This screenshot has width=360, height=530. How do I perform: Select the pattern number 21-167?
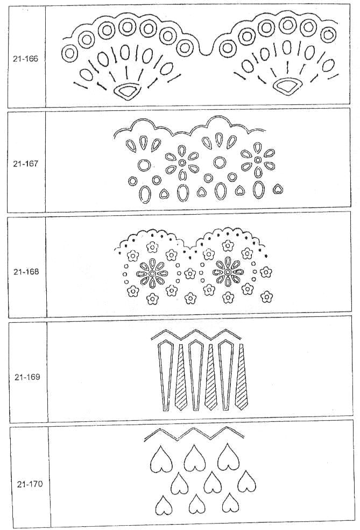click(x=26, y=164)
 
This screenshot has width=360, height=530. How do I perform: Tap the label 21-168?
click(x=26, y=272)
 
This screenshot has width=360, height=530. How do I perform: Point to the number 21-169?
click(x=27, y=377)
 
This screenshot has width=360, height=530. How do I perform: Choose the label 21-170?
click(x=30, y=484)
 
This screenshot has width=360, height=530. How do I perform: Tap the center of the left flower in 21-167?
click(x=182, y=163)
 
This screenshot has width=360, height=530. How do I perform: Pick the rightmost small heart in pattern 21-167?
click(x=278, y=189)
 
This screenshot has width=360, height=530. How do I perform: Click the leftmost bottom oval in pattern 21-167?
click(x=145, y=194)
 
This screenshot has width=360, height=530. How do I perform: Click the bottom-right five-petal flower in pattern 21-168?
click(x=267, y=296)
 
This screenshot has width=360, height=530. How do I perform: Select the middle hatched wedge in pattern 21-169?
click(x=210, y=378)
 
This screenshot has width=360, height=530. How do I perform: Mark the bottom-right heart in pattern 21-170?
click(x=231, y=503)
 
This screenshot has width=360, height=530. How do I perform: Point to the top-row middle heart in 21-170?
click(x=194, y=458)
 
